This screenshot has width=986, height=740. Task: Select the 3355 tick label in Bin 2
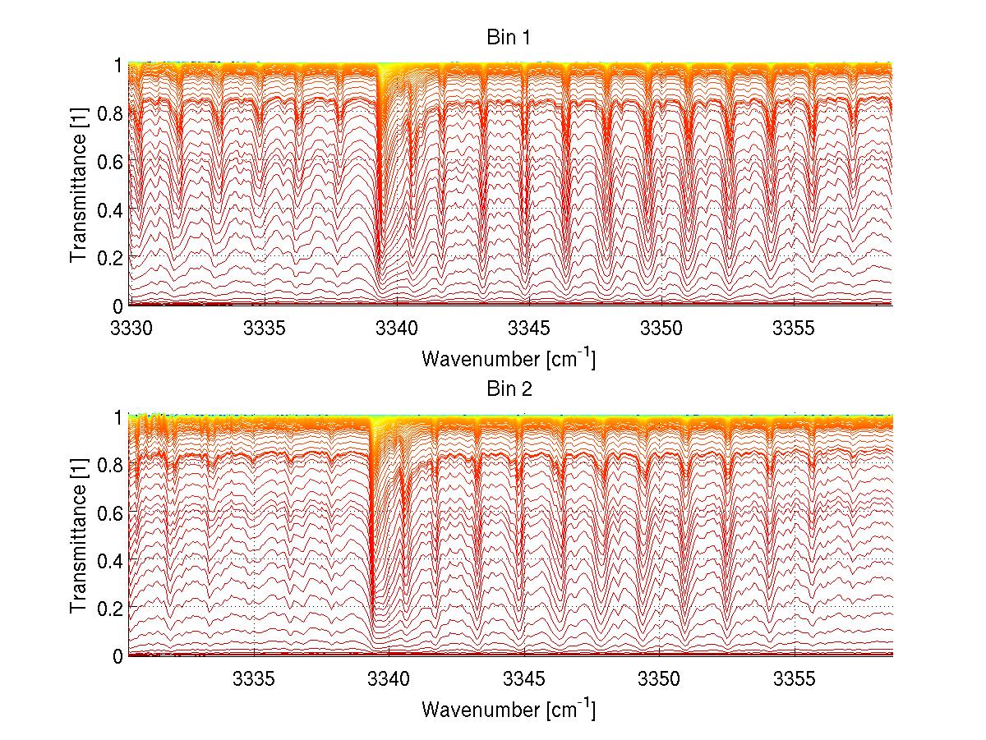tap(796, 678)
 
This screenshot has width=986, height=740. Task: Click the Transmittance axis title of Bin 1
tap(79, 184)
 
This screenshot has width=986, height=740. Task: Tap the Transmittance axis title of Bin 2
tap(79, 535)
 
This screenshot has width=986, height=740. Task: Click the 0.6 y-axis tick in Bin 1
tap(109, 161)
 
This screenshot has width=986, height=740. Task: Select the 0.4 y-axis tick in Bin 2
tap(109, 559)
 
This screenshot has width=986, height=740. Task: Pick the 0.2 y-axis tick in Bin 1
tap(109, 257)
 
